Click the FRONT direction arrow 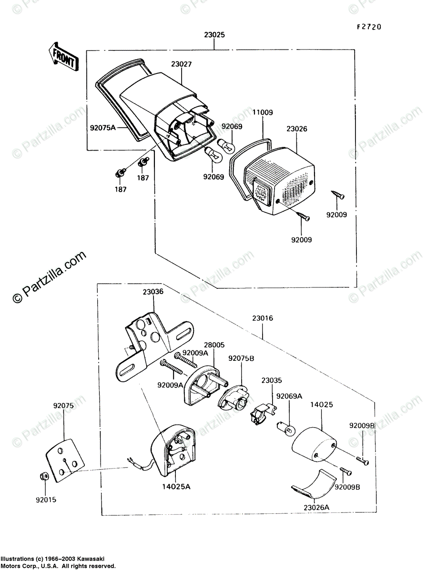pyautogui.click(x=61, y=56)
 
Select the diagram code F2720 pyautogui.click(x=369, y=27)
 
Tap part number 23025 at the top pyautogui.click(x=214, y=35)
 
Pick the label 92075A pyautogui.click(x=103, y=128)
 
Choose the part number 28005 pyautogui.click(x=214, y=345)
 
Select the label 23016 pyautogui.click(x=263, y=318)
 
